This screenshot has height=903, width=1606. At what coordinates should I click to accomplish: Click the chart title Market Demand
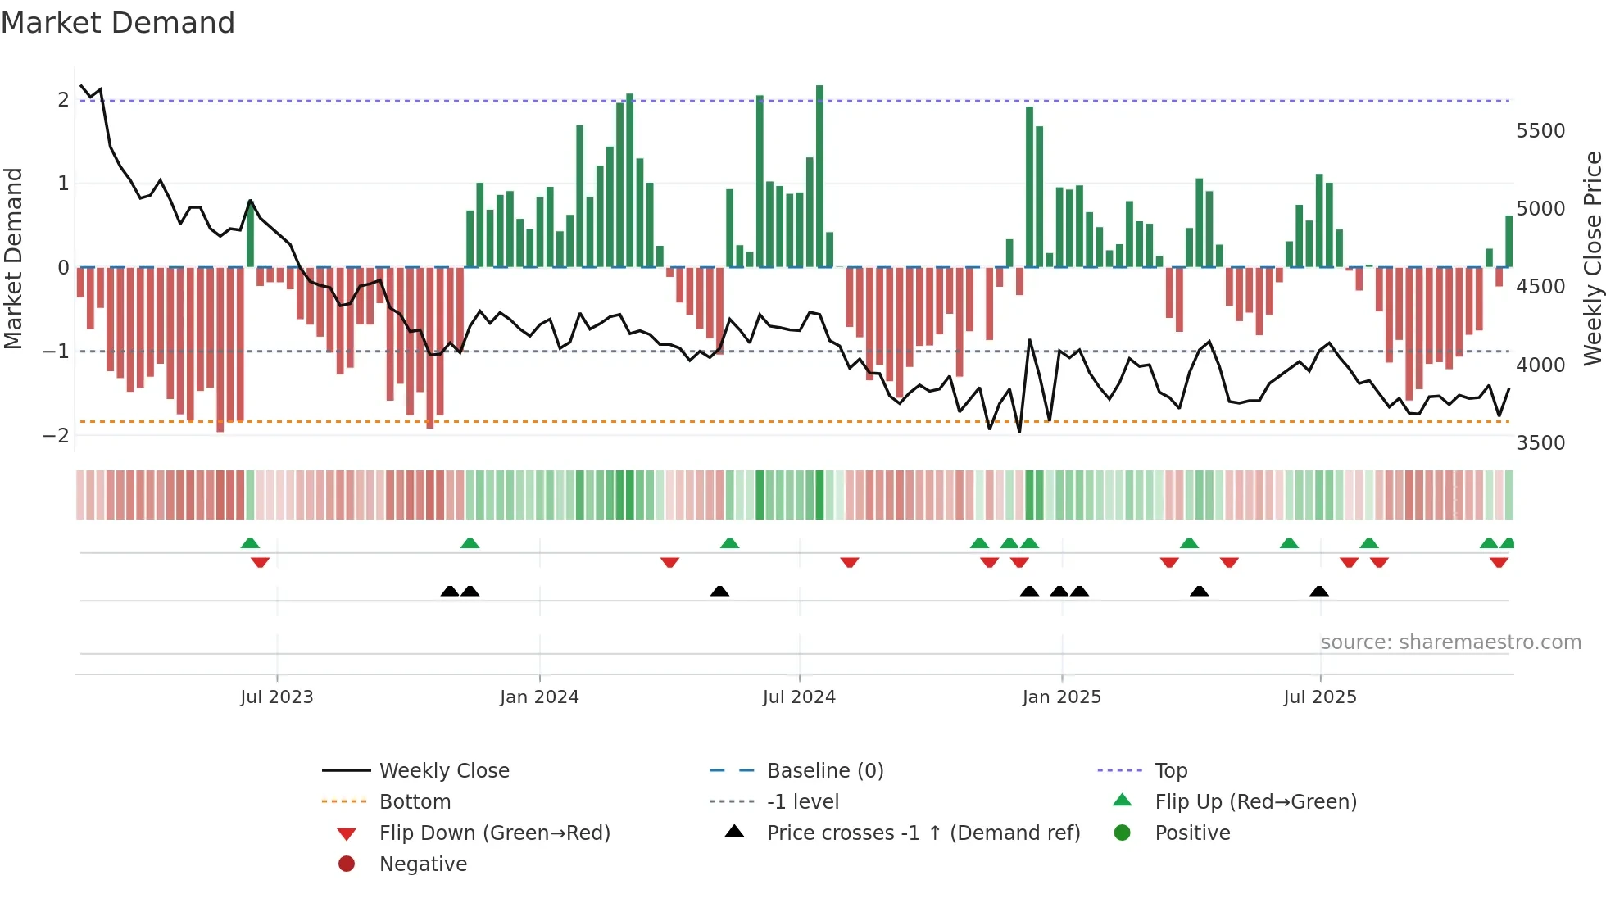[x=118, y=22]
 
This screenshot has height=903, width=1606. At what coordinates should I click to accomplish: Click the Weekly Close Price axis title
[x=1592, y=258]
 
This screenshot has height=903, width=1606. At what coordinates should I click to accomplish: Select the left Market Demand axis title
[x=13, y=258]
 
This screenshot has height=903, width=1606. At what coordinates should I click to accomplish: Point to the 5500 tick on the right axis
[x=1540, y=131]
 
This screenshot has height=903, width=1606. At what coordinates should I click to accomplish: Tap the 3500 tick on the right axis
[x=1540, y=443]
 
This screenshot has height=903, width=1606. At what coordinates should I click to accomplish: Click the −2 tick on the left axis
[x=56, y=436]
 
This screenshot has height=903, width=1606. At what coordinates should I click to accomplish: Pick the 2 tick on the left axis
[x=63, y=100]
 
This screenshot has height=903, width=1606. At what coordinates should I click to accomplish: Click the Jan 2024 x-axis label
[x=539, y=697]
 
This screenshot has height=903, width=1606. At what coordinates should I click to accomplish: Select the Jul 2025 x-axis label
[x=1320, y=697]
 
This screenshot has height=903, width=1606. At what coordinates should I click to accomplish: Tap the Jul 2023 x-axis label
[x=277, y=697]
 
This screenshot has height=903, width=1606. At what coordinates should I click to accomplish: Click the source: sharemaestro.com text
[x=1450, y=642]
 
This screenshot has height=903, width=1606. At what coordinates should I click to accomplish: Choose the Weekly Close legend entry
[x=444, y=771]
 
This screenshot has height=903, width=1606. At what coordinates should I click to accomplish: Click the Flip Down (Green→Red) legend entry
[x=494, y=833]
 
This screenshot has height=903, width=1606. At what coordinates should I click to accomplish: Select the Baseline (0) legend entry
[x=824, y=771]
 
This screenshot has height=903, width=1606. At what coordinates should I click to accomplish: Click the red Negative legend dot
[x=347, y=864]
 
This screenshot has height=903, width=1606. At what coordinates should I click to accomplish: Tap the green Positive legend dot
[x=1123, y=833]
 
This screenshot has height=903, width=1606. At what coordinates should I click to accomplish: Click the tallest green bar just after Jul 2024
[x=819, y=176]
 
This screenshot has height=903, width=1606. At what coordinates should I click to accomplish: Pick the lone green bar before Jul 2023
[x=250, y=234]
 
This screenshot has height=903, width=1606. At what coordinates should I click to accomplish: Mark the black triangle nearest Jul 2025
[x=1318, y=592]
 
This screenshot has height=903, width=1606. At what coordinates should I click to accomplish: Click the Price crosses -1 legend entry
[x=923, y=833]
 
